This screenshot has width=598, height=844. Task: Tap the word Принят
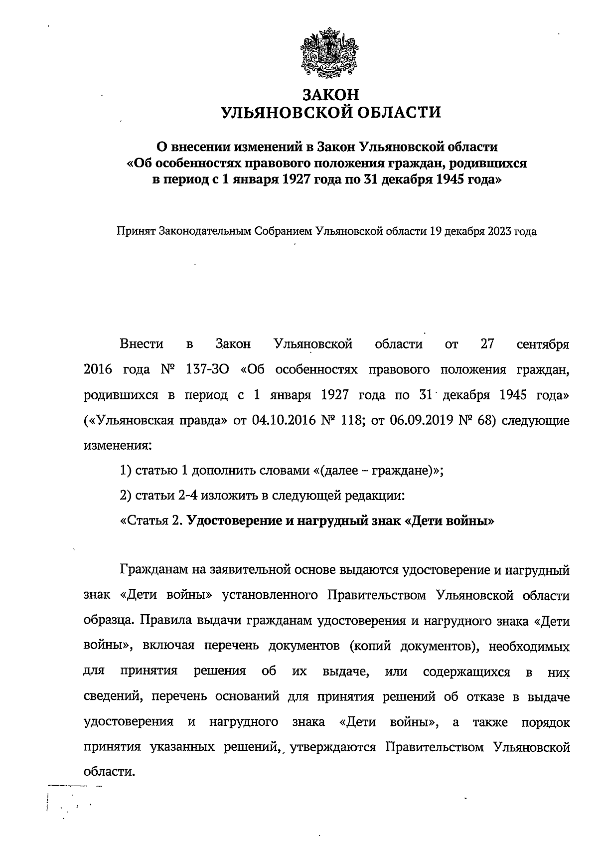tap(136, 232)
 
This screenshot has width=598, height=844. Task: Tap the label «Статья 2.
tap(151, 521)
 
